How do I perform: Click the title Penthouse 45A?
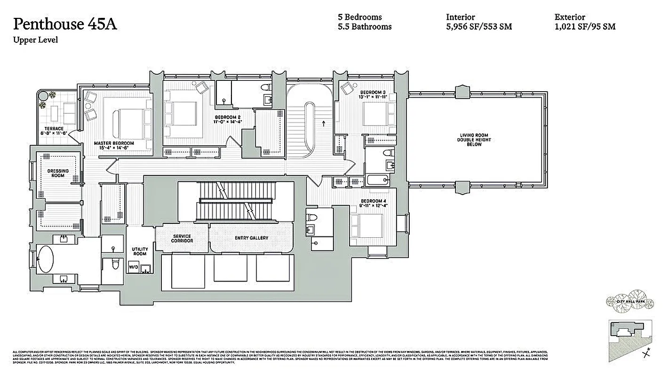(x=65, y=24)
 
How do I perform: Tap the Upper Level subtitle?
(x=35, y=40)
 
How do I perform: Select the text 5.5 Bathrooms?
(x=364, y=27)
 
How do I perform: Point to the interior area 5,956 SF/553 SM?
(x=478, y=27)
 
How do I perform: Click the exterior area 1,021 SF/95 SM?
(x=585, y=27)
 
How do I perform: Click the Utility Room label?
(x=140, y=251)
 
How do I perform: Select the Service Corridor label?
(x=182, y=238)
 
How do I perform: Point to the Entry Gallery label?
(x=251, y=238)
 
